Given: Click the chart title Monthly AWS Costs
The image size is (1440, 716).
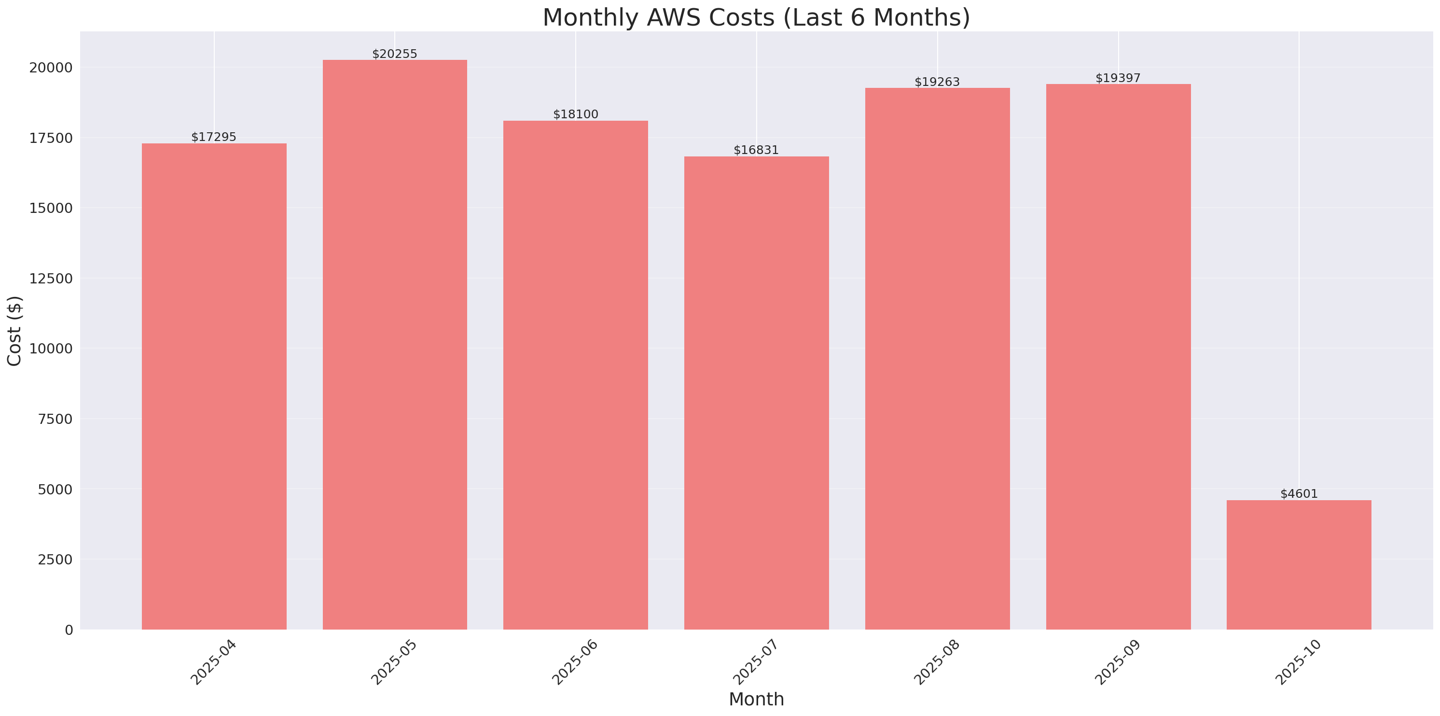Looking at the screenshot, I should point(756,17).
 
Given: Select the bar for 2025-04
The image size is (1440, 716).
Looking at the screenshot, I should point(214,386).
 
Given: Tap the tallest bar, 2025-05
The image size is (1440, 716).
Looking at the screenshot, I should point(395,344).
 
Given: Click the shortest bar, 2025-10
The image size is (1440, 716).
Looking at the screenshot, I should point(1299,564).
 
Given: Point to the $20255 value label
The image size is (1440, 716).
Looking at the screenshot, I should point(395,54).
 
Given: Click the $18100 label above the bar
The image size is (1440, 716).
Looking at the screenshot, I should point(575,114).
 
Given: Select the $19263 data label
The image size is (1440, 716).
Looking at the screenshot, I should point(937,82).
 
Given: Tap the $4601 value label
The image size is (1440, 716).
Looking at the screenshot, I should point(1299,494).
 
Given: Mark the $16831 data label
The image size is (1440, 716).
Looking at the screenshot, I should point(756,150).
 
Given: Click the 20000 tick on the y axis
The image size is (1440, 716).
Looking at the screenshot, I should point(51,68).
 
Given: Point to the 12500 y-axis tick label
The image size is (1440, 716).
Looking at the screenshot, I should point(51,279).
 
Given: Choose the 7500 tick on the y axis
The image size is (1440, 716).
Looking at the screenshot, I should point(55,419).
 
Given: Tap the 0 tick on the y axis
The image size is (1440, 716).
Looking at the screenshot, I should point(69,631).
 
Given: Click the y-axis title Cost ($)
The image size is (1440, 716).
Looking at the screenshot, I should point(14,331).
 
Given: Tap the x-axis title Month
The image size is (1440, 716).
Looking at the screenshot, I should point(756,699).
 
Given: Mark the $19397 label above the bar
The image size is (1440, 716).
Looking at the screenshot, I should point(1118,78).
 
